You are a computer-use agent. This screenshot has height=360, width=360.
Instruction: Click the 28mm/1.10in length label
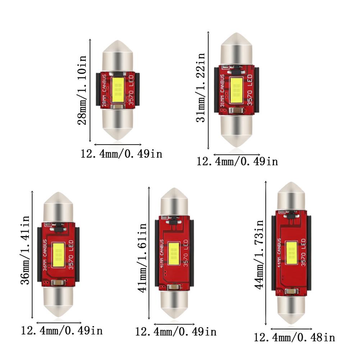[x=82, y=90]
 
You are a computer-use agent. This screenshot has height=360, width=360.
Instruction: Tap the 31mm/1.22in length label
[x=201, y=87]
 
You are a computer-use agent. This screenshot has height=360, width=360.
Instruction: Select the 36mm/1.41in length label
[x=26, y=250]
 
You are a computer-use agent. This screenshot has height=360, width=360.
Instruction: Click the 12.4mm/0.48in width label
[x=294, y=338]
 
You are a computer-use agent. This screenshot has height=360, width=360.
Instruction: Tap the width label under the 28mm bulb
[x=121, y=154]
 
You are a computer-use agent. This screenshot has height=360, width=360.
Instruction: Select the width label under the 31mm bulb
[x=237, y=161]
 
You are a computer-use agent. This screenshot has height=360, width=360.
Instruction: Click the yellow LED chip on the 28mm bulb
[x=118, y=88]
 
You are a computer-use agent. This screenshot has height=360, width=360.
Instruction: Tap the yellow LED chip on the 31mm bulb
[x=236, y=90]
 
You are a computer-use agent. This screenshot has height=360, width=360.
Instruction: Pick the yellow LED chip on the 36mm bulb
[x=59, y=254]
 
